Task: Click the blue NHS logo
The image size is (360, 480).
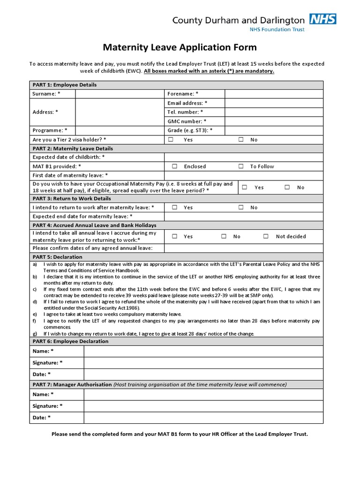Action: pyautogui.click(x=322, y=19)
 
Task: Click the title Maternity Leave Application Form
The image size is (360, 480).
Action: pyautogui.click(x=180, y=47)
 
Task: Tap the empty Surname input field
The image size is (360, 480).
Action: pyautogui.click(x=120, y=94)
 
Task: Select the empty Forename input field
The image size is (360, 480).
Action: pyautogui.click(x=274, y=94)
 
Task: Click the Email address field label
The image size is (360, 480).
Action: pyautogui.click(x=187, y=103)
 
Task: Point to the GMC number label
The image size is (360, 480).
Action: pyautogui.click(x=187, y=121)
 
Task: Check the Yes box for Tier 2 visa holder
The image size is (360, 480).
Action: pyautogui.click(x=171, y=140)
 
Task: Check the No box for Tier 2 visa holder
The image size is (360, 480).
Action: pyautogui.click(x=241, y=140)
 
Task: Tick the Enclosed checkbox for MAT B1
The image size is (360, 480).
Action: pyautogui.click(x=174, y=166)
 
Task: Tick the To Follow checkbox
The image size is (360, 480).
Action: pyautogui.click(x=241, y=166)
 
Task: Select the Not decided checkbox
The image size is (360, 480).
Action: pyautogui.click(x=266, y=237)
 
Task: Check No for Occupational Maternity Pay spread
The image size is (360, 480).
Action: pyautogui.click(x=287, y=187)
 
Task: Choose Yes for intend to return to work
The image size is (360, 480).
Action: pyautogui.click(x=174, y=207)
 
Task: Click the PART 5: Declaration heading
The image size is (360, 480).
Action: pyautogui.click(x=57, y=257)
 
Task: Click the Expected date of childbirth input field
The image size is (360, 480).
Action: pyautogui.click(x=243, y=157)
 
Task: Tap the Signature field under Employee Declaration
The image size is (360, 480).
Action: pyautogui.click(x=203, y=363)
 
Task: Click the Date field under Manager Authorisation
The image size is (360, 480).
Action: pyautogui.click(x=203, y=417)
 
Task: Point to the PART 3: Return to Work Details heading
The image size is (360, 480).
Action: pyautogui.click(x=72, y=199)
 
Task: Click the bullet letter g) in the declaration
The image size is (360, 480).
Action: pyautogui.click(x=35, y=334)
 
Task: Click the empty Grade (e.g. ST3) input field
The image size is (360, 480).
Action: pyautogui.click(x=274, y=130)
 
